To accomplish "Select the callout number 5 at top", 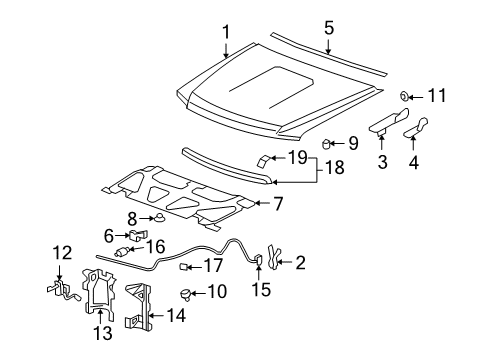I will click(329, 28).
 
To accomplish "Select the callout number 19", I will click(297, 156).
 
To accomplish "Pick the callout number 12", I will click(61, 253).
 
